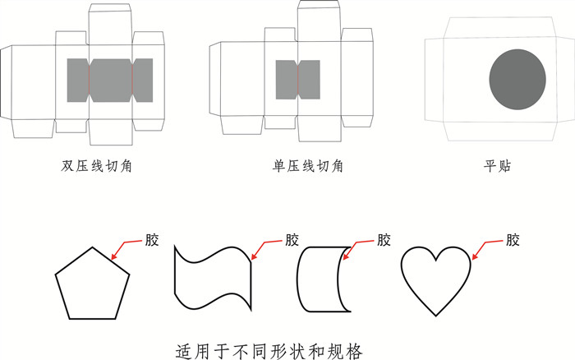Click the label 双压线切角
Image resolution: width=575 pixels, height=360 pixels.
click(x=97, y=166)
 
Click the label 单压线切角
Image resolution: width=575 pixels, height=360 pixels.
click(x=307, y=166)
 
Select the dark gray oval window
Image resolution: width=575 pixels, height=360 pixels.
click(x=517, y=80)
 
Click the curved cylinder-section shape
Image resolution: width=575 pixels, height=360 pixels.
click(x=324, y=279)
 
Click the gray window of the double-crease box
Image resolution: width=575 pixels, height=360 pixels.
click(x=110, y=80)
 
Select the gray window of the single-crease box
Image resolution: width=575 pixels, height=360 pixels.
click(x=297, y=80)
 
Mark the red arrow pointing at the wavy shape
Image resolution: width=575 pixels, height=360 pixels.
click(x=266, y=247)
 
